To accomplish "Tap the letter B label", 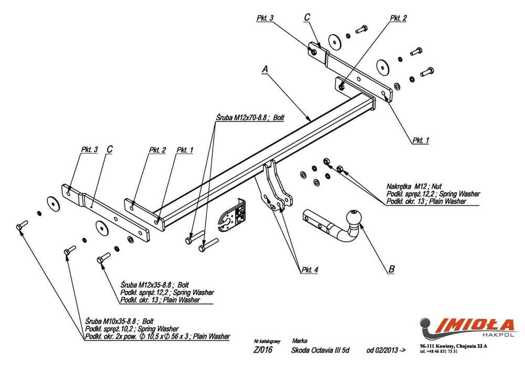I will [x=392, y=270].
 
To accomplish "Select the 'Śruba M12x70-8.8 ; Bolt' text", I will [x=249, y=118].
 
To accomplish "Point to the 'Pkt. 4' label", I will [x=310, y=270].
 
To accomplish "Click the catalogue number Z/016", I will [x=262, y=351].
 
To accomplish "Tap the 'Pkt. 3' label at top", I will [x=265, y=18].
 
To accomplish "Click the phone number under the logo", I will [x=439, y=352].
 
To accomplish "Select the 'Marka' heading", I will [x=302, y=341].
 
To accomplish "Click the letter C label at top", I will [x=307, y=18].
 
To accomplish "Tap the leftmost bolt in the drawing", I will [x=20, y=225].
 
